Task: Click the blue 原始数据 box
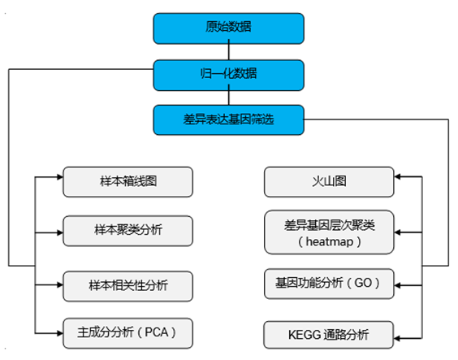click(228, 27)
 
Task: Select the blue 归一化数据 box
click(228, 73)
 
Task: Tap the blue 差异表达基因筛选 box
click(228, 120)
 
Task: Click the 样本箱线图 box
click(127, 181)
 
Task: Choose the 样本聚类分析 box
click(127, 230)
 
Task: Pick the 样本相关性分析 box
click(127, 285)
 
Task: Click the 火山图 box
click(329, 181)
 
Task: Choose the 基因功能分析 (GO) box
click(329, 284)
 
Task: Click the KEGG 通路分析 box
click(329, 334)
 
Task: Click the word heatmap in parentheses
click(329, 241)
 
